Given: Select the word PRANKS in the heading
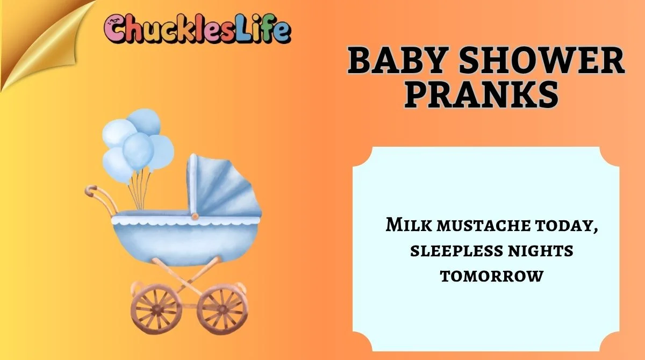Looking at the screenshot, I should tap(480, 95).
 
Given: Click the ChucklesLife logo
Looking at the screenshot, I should tap(198, 30).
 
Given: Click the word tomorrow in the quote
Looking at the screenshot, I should tap(492, 276).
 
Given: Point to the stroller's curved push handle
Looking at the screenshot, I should tap(100, 198).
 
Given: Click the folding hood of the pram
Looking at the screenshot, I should tap(220, 185).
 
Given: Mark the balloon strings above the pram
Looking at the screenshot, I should tap(141, 188).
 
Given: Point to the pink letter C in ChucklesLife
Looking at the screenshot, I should tap(115, 30).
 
